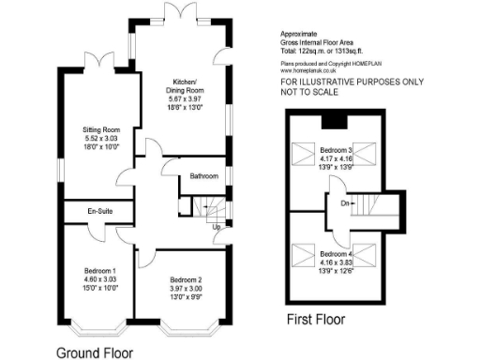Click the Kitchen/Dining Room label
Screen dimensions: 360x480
183,87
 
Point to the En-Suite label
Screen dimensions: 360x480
101,212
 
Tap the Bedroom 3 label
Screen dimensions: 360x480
336,150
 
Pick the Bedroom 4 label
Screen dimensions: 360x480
336,254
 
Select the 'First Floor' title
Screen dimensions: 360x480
315,320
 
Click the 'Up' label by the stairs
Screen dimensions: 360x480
217,227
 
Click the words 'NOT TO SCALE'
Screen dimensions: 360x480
313,92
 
